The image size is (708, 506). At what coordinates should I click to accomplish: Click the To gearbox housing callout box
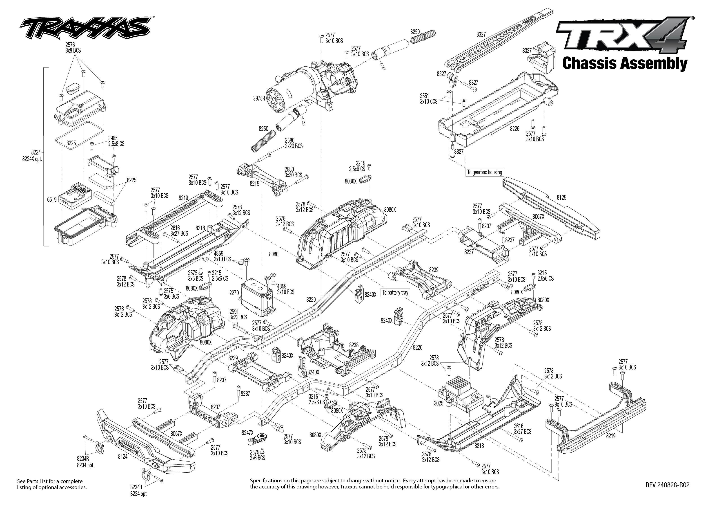pos(484,172)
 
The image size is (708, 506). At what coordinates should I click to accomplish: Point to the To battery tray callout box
pos(395,293)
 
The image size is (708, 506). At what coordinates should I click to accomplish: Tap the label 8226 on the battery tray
pos(514,129)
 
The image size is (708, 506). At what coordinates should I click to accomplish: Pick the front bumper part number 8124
pos(123,457)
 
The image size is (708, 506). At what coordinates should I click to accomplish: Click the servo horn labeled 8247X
pos(247,432)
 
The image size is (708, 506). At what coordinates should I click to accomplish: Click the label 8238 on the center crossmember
pos(354,345)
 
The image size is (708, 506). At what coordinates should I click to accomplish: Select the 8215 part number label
pos(254,184)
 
